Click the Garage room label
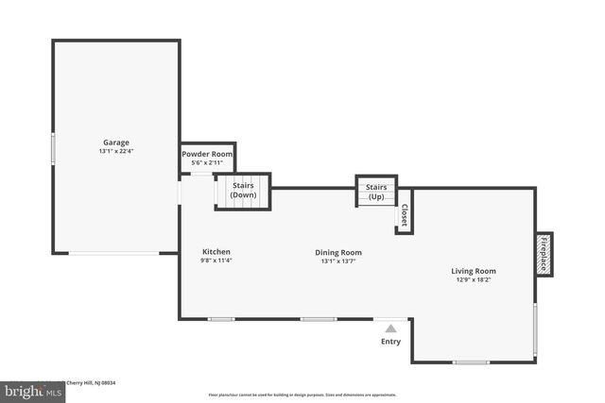pyautogui.click(x=116, y=143)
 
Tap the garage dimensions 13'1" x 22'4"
pyautogui.click(x=116, y=152)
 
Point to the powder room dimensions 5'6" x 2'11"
pyautogui.click(x=208, y=163)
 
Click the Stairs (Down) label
pyautogui.click(x=243, y=190)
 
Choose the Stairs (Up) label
pyautogui.click(x=375, y=192)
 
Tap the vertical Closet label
pyautogui.click(x=404, y=216)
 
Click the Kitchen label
pyautogui.click(x=216, y=252)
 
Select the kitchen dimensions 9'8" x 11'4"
pyautogui.click(x=216, y=261)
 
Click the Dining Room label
pyautogui.click(x=338, y=252)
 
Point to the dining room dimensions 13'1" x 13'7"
pyautogui.click(x=338, y=261)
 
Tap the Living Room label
pyautogui.click(x=473, y=272)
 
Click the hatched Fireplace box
pyautogui.click(x=544, y=255)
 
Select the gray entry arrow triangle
pyautogui.click(x=390, y=327)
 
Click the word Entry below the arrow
pyautogui.click(x=390, y=342)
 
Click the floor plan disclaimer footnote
pyautogui.click(x=302, y=395)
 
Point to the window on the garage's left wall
pyautogui.click(x=53, y=147)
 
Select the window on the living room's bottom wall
pyautogui.click(x=471, y=361)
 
